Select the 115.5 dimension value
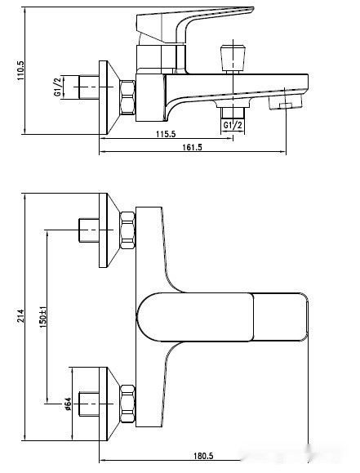[x=167, y=133]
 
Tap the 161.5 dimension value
[x=193, y=147]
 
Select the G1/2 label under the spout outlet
[x=232, y=125]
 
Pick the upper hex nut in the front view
[x=127, y=231]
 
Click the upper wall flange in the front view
[x=104, y=230]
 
